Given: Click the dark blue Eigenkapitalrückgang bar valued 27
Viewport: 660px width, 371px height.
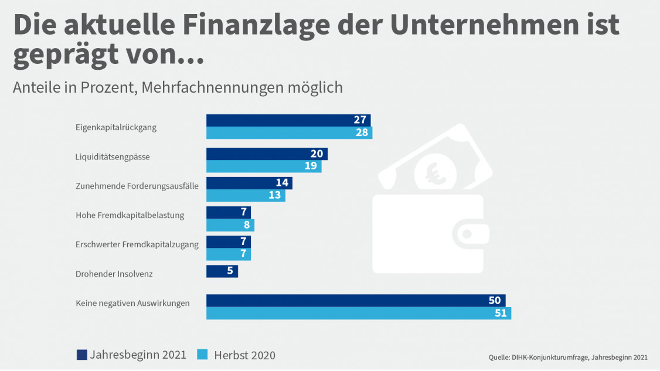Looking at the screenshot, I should point(287,120).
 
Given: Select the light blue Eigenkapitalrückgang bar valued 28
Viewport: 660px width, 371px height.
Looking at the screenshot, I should point(288,132).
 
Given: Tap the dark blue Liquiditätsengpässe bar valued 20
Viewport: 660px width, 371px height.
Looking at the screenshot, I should point(266,154).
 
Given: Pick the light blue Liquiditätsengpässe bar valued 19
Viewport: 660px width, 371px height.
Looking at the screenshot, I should point(263,166).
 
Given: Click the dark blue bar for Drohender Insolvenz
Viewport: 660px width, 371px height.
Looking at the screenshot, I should point(222,271).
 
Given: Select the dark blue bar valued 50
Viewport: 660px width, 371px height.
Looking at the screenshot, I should point(355,301).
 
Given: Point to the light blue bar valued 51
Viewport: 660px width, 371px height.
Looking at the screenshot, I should point(358,313).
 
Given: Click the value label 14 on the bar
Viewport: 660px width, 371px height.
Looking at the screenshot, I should point(282,183).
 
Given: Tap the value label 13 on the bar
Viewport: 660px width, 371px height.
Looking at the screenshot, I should point(275,195).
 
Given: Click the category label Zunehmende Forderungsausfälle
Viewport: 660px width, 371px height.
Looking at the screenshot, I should point(137,186).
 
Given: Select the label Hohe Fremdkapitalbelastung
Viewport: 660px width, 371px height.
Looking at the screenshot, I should point(130,215).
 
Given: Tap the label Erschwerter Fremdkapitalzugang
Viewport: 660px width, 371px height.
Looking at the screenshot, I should point(137,244).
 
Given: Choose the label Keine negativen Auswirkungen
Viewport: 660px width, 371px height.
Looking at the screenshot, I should point(132,303).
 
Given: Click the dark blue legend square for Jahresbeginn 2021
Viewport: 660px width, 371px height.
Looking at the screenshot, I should point(82,355).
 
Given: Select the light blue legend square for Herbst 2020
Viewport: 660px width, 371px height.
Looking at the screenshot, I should point(202,355).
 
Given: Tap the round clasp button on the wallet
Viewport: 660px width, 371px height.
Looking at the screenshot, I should point(467,233).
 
